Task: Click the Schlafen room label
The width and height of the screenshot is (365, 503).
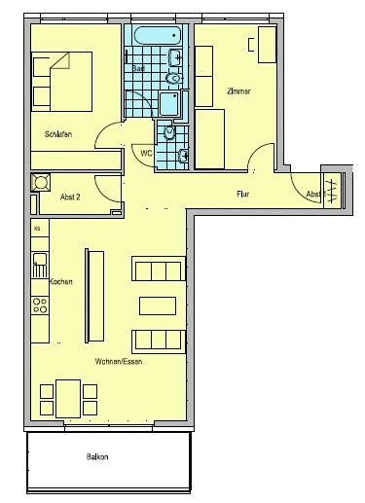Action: pyautogui.click(x=59, y=133)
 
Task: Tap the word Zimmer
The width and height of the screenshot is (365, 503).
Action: pyautogui.click(x=238, y=90)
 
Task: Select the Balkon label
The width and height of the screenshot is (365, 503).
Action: pyautogui.click(x=97, y=456)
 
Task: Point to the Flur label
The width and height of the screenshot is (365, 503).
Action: pyautogui.click(x=244, y=194)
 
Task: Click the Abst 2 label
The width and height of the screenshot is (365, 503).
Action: pyautogui.click(x=71, y=197)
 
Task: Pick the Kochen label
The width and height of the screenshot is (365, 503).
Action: pyautogui.click(x=61, y=281)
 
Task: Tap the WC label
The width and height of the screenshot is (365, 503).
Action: pyautogui.click(x=146, y=154)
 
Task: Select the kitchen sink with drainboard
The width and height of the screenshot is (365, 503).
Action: pyautogui.click(x=39, y=263)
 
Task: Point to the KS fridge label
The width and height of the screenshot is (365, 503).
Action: pyautogui.click(x=38, y=229)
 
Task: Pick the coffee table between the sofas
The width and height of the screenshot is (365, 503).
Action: pyautogui.click(x=159, y=305)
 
